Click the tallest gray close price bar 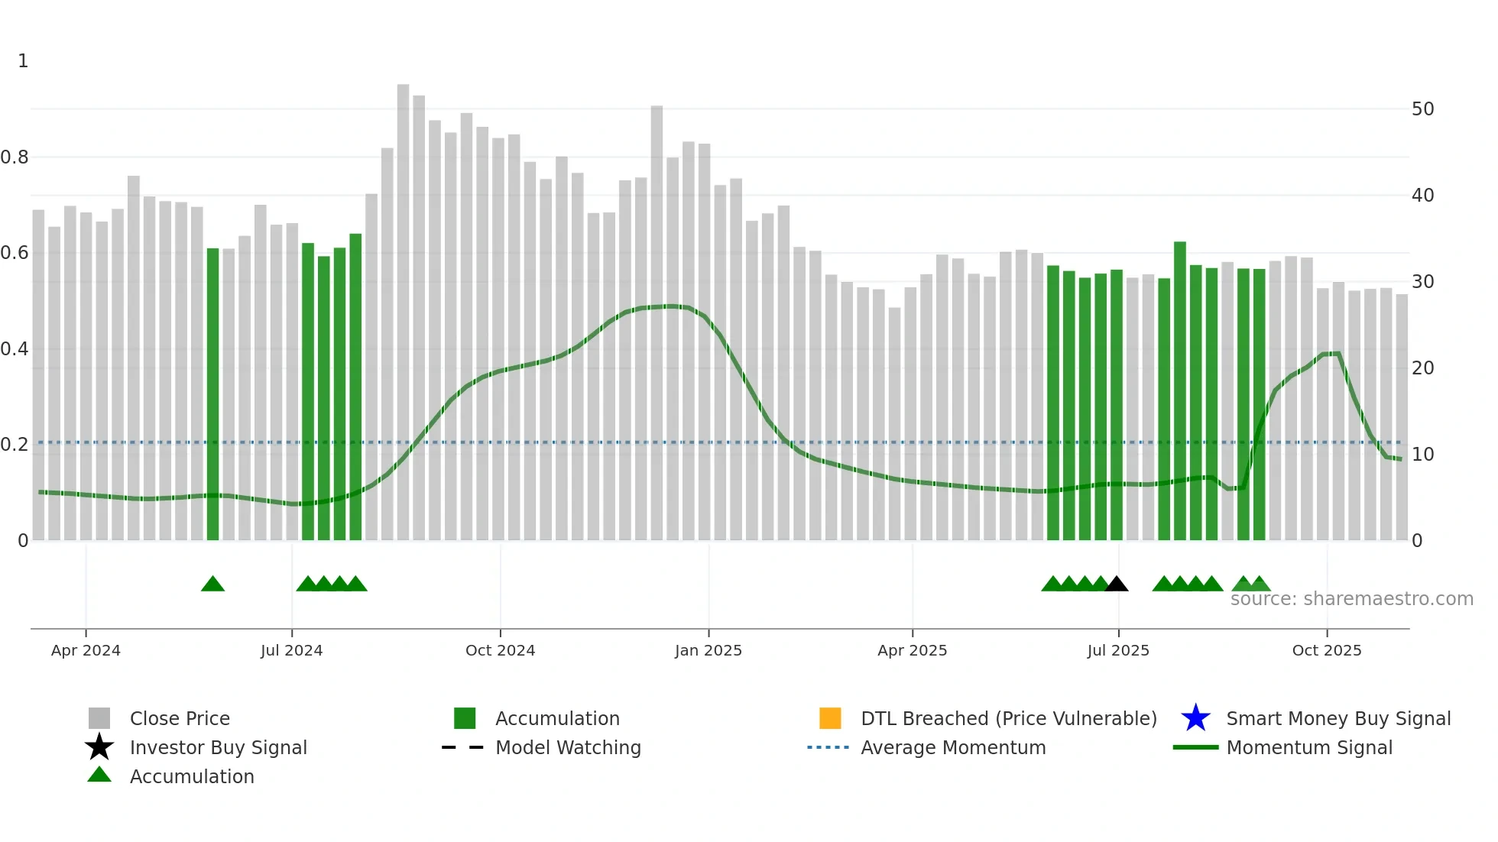pyautogui.click(x=403, y=306)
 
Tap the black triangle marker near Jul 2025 pyautogui.click(x=1117, y=585)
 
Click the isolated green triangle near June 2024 pyautogui.click(x=212, y=585)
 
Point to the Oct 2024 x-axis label pyautogui.click(x=500, y=650)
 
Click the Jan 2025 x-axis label pyautogui.click(x=708, y=650)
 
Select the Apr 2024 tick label pyautogui.click(x=86, y=650)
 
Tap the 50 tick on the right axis pyautogui.click(x=1422, y=109)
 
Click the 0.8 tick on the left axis pyautogui.click(x=15, y=157)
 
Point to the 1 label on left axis pyautogui.click(x=23, y=61)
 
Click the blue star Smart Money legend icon pyautogui.click(x=1195, y=718)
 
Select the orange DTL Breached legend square pyautogui.click(x=829, y=718)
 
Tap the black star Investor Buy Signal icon pyautogui.click(x=99, y=747)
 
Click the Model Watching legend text pyautogui.click(x=568, y=747)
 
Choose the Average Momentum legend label pyautogui.click(x=953, y=747)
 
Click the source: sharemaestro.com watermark pyautogui.click(x=1351, y=599)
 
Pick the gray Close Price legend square pyautogui.click(x=99, y=718)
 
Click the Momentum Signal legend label pyautogui.click(x=1309, y=747)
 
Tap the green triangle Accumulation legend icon pyautogui.click(x=99, y=775)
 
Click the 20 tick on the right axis pyautogui.click(x=1422, y=368)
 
